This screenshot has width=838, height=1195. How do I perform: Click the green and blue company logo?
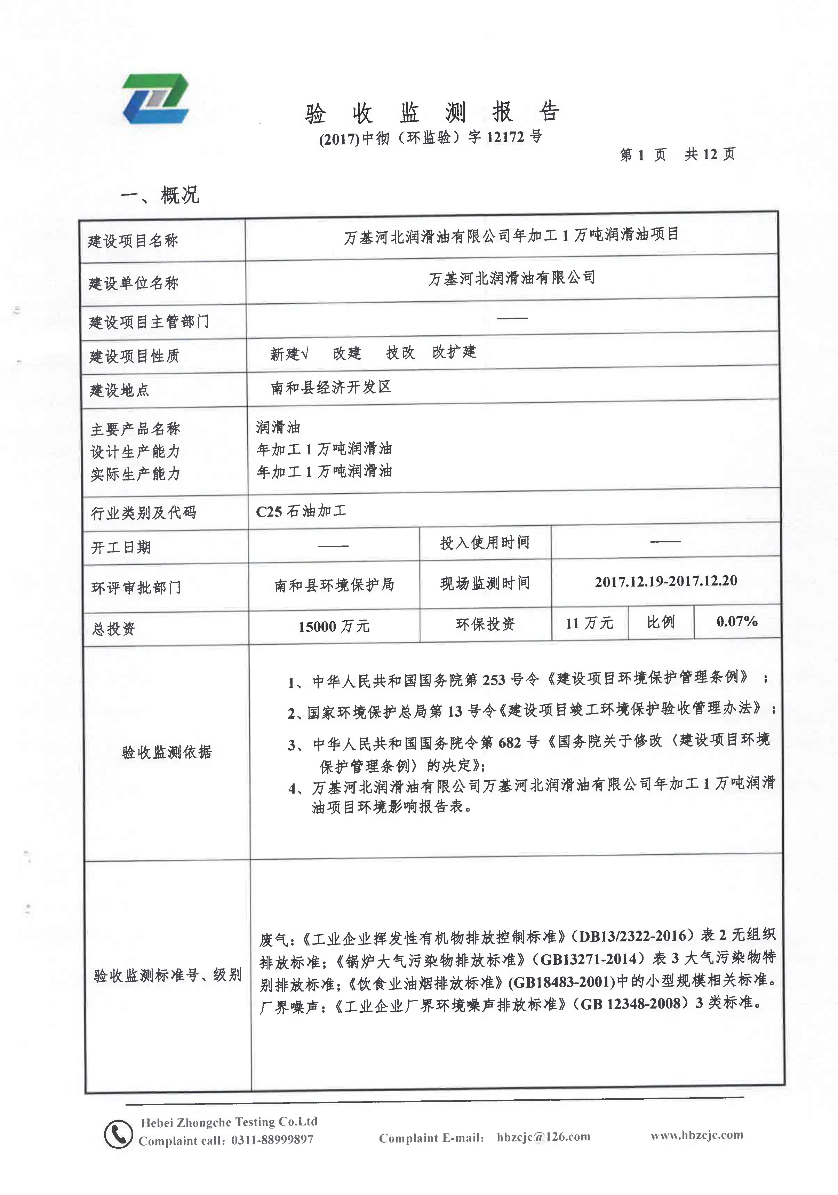[155, 98]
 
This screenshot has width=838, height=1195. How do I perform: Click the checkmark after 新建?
[305, 354]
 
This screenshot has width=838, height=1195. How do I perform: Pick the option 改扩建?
[454, 352]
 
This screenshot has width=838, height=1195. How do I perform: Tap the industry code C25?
[269, 512]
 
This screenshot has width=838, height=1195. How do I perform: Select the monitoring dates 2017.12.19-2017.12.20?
[666, 581]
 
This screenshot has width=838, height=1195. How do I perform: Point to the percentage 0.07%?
[736, 621]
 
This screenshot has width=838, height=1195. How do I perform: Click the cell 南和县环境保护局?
[334, 585]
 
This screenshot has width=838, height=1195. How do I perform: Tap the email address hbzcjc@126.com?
[543, 1137]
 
